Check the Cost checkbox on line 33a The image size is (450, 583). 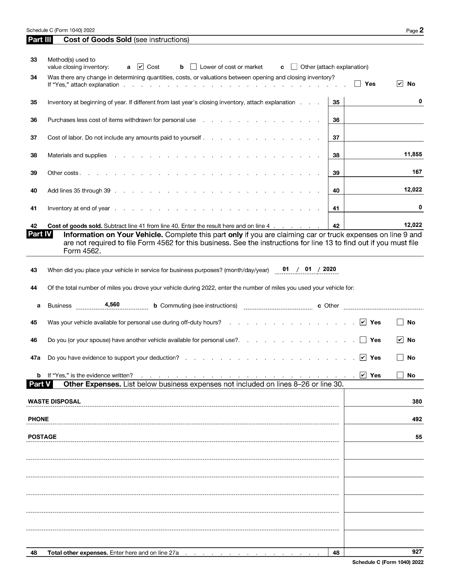pyautogui.click(x=140, y=67)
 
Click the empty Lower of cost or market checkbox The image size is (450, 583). pyautogui.click(x=193, y=67)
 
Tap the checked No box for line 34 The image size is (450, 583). pyautogui.click(x=400, y=84)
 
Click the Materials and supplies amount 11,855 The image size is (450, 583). pyautogui.click(x=413, y=154)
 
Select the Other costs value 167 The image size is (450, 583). pyautogui.click(x=417, y=172)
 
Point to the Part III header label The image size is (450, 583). pyautogui.click(x=40, y=40)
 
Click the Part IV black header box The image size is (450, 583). pyautogui.click(x=40, y=234)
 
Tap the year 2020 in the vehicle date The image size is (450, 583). pyautogui.click(x=329, y=269)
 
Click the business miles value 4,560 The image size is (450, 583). pyautogui.click(x=112, y=304)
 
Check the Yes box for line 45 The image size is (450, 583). pyautogui.click(x=363, y=322)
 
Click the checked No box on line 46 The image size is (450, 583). pyautogui.click(x=400, y=340)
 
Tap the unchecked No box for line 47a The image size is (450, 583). pyautogui.click(x=400, y=358)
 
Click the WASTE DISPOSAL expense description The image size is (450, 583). pyautogui.click(x=54, y=401)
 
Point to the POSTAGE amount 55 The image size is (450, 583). pyautogui.click(x=419, y=437)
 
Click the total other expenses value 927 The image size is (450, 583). pyautogui.click(x=417, y=552)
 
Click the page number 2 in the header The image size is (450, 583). pyautogui.click(x=421, y=30)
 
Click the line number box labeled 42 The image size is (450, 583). pyautogui.click(x=336, y=226)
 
